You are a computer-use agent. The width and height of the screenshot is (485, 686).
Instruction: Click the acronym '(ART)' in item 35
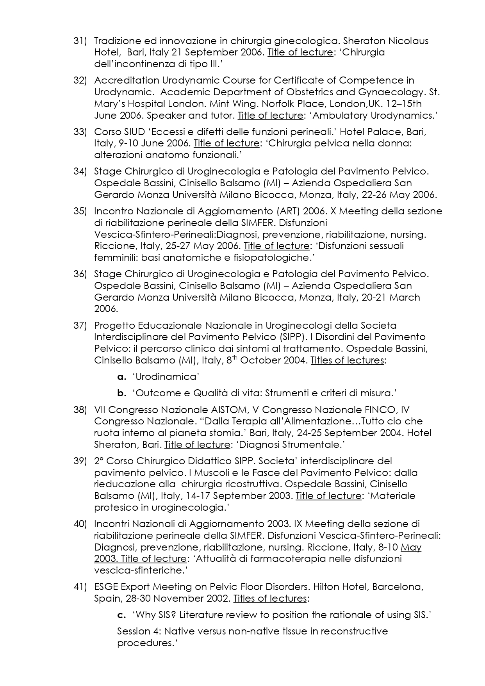coord(288,211)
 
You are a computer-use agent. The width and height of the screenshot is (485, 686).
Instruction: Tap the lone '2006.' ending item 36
coord(106,309)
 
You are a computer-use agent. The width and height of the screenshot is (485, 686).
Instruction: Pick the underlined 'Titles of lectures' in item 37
coord(347,360)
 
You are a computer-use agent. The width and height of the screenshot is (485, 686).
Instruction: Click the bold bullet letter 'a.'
coord(122,377)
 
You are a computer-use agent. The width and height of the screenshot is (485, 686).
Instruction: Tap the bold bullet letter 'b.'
coord(122,393)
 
